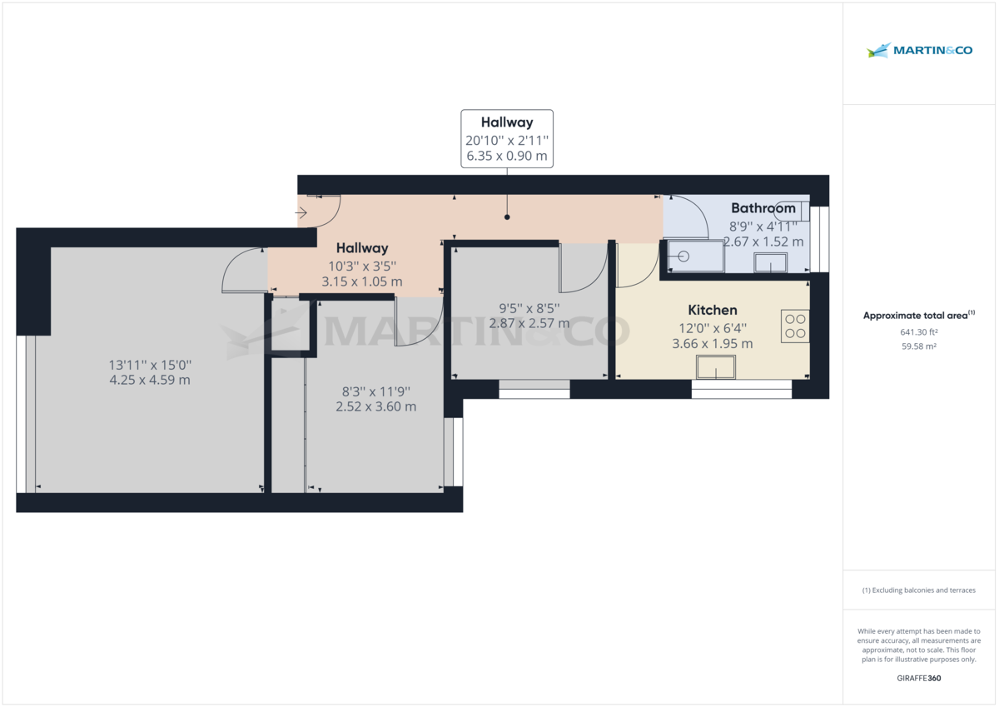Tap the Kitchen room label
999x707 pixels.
pyautogui.click(x=712, y=310)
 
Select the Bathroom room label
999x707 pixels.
pyautogui.click(x=763, y=208)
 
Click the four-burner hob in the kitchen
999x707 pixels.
pyautogui.click(x=795, y=326)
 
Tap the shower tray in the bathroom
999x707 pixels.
pyautogui.click(x=693, y=256)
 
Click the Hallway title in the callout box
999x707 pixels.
pyautogui.click(x=506, y=122)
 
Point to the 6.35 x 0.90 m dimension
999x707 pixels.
pyautogui.click(x=506, y=156)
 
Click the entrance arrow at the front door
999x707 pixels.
pyautogui.click(x=301, y=213)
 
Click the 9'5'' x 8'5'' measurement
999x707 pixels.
pyautogui.click(x=529, y=307)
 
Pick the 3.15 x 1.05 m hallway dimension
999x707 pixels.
pyautogui.click(x=362, y=281)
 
